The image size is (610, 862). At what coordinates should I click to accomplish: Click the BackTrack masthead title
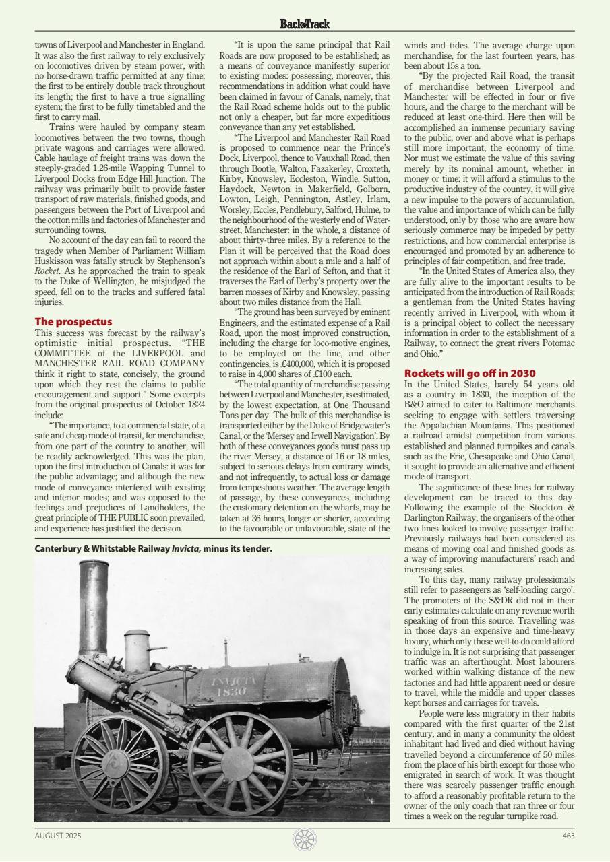point(305,24)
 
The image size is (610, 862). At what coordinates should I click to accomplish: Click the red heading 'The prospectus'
point(73,322)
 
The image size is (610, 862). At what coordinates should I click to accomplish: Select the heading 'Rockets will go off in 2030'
point(469,373)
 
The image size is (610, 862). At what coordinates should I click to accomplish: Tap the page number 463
point(568,836)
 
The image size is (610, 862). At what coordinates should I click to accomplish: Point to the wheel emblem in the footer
point(305,839)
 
